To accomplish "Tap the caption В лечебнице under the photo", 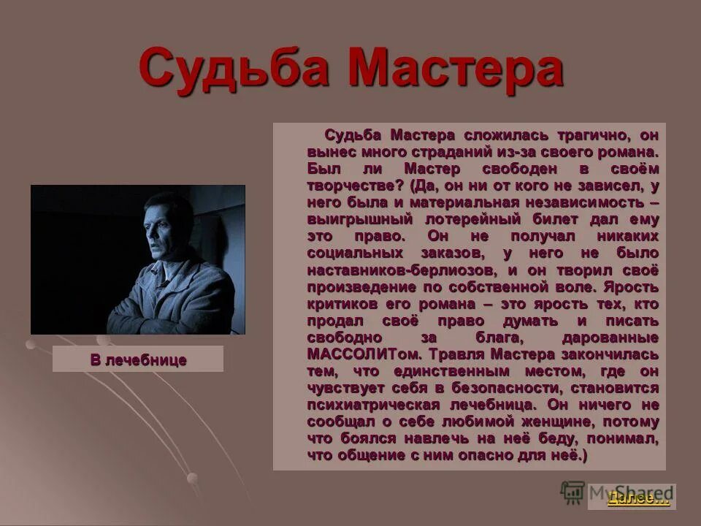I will (138, 359).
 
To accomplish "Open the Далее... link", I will (637, 498).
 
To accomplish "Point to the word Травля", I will (457, 354).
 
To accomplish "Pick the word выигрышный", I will (352, 219).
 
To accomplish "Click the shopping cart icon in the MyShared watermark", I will (573, 492).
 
